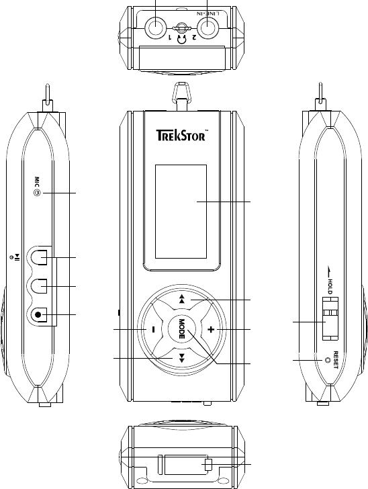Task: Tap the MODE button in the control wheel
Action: pyautogui.click(x=182, y=329)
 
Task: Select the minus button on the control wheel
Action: pyautogui.click(x=153, y=329)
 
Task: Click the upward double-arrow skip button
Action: pyautogui.click(x=182, y=300)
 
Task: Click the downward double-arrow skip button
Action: pyautogui.click(x=182, y=358)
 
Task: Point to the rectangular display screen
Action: pyautogui.click(x=181, y=212)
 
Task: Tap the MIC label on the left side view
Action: pyautogui.click(x=37, y=182)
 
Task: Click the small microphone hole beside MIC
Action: pyautogui.click(x=37, y=193)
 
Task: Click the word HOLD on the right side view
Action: pyautogui.click(x=330, y=286)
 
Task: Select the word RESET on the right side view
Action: pyautogui.click(x=336, y=360)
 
